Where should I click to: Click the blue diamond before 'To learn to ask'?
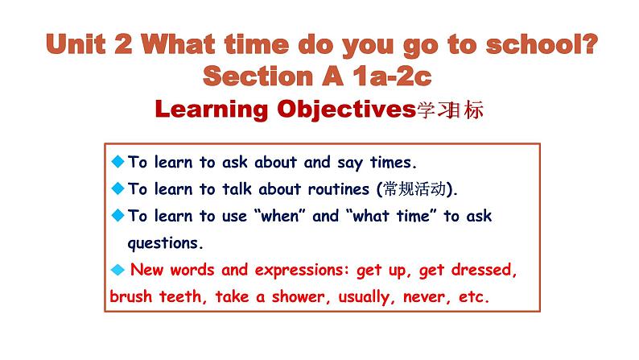pyautogui.click(x=117, y=161)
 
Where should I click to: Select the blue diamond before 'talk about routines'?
pyautogui.click(x=117, y=188)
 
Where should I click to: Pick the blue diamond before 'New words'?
pyautogui.click(x=117, y=269)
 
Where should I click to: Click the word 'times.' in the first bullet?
pyautogui.click(x=393, y=163)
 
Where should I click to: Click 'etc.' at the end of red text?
pyautogui.click(x=472, y=296)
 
